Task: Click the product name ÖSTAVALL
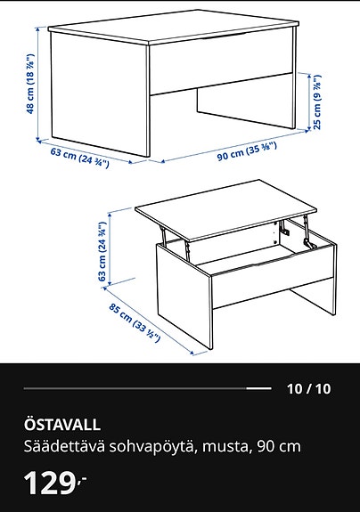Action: point(62,425)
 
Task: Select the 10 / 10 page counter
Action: point(308,388)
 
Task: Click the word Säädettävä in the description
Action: point(57,446)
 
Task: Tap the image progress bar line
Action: point(147,389)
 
